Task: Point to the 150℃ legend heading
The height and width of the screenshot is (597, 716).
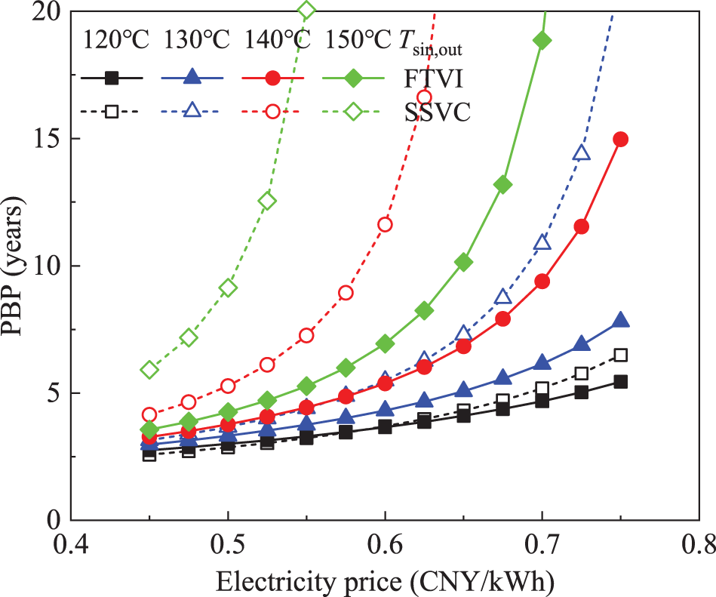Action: [x=358, y=39]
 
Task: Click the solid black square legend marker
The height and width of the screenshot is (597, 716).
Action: [x=112, y=77]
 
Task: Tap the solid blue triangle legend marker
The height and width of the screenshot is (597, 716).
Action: [x=192, y=76]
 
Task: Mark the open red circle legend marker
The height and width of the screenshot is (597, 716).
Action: [x=273, y=111]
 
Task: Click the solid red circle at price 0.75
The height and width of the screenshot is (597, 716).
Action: [x=621, y=139]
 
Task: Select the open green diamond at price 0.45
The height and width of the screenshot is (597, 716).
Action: [x=149, y=370]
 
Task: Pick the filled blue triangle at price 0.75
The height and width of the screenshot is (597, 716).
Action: [x=621, y=320]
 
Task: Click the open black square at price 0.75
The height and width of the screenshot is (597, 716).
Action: [x=621, y=355]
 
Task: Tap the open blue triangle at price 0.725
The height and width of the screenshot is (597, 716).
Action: [x=582, y=153]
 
